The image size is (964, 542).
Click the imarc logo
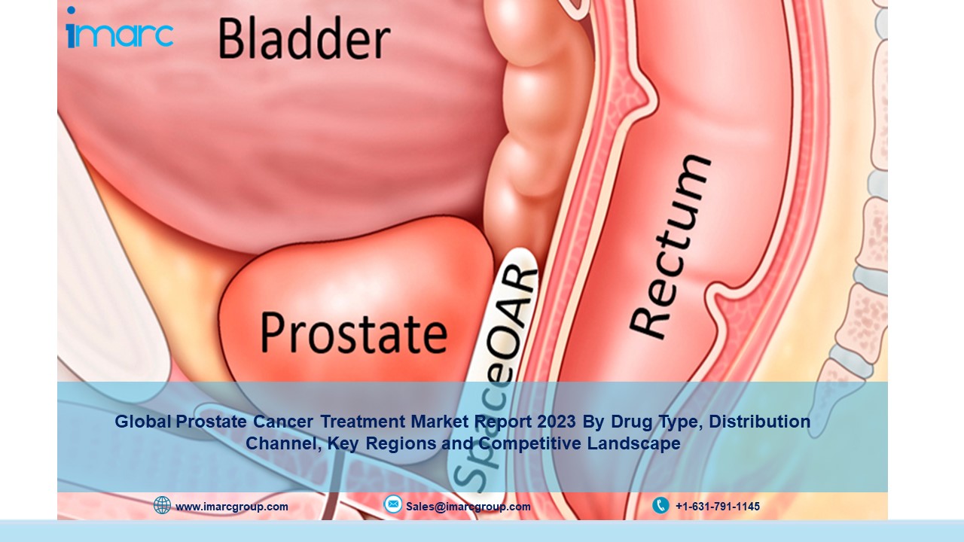click(x=120, y=27)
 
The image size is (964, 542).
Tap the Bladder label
click(x=305, y=38)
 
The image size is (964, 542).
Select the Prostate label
click(x=354, y=332)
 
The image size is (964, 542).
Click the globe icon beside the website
click(x=162, y=505)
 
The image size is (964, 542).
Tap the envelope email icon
click(x=392, y=504)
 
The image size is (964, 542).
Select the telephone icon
click(x=660, y=505)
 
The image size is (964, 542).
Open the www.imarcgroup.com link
click(x=232, y=507)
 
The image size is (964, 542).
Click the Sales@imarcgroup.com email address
click(x=468, y=507)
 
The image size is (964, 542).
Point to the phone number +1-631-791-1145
click(x=718, y=507)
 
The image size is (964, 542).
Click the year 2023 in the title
click(x=556, y=422)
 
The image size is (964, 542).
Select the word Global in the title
click(x=143, y=422)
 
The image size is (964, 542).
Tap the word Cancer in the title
click(x=282, y=422)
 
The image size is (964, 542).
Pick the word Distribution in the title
click(x=760, y=422)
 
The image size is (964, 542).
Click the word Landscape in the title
click(x=634, y=443)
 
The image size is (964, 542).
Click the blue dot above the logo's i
click(x=71, y=10)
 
